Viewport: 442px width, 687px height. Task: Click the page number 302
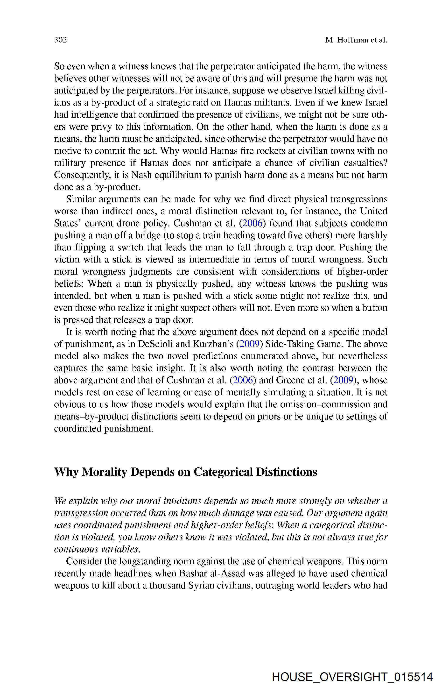click(61, 40)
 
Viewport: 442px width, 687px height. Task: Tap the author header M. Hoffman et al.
click(356, 40)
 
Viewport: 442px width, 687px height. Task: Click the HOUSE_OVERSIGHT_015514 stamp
click(352, 677)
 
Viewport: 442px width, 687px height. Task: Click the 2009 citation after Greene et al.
click(343, 380)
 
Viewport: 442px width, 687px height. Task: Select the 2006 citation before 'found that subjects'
click(252, 223)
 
